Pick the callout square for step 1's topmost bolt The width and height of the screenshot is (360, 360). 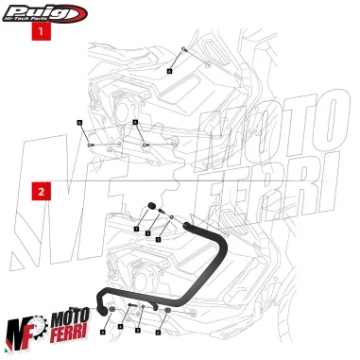[169, 70]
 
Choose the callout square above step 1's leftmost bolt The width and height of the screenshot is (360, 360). [80, 124]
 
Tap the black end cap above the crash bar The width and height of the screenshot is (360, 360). [149, 209]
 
